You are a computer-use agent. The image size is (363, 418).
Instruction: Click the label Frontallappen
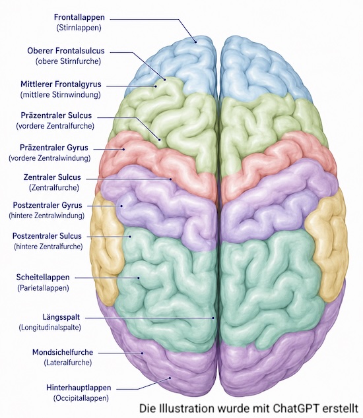click(x=79, y=17)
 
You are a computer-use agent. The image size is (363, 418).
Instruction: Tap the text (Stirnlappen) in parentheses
click(x=79, y=28)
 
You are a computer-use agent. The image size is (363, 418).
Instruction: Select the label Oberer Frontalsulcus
click(x=66, y=51)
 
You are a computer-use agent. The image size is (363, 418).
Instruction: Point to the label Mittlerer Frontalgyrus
click(x=61, y=84)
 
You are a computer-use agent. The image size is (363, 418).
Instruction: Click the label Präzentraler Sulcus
click(x=56, y=115)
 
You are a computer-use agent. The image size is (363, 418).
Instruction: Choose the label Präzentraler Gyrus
click(x=54, y=148)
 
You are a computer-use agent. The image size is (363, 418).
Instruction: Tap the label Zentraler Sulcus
click(x=52, y=177)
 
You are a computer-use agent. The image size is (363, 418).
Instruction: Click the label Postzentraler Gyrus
click(x=48, y=205)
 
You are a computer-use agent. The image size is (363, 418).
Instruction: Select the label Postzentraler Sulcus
click(x=47, y=236)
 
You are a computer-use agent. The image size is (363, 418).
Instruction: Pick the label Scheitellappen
click(x=43, y=278)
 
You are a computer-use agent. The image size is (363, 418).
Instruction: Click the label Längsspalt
click(x=61, y=317)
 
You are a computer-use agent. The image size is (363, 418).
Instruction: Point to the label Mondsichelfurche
click(x=63, y=352)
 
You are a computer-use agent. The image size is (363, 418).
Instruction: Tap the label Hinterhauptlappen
click(x=79, y=388)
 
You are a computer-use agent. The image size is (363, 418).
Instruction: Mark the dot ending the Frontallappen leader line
click(x=195, y=42)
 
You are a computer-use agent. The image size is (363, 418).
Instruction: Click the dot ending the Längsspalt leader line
click(x=213, y=318)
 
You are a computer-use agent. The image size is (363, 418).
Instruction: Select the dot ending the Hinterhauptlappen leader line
click(x=170, y=378)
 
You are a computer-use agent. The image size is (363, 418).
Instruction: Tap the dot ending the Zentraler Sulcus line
click(x=170, y=179)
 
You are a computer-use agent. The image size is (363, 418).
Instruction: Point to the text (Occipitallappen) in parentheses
click(x=81, y=398)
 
